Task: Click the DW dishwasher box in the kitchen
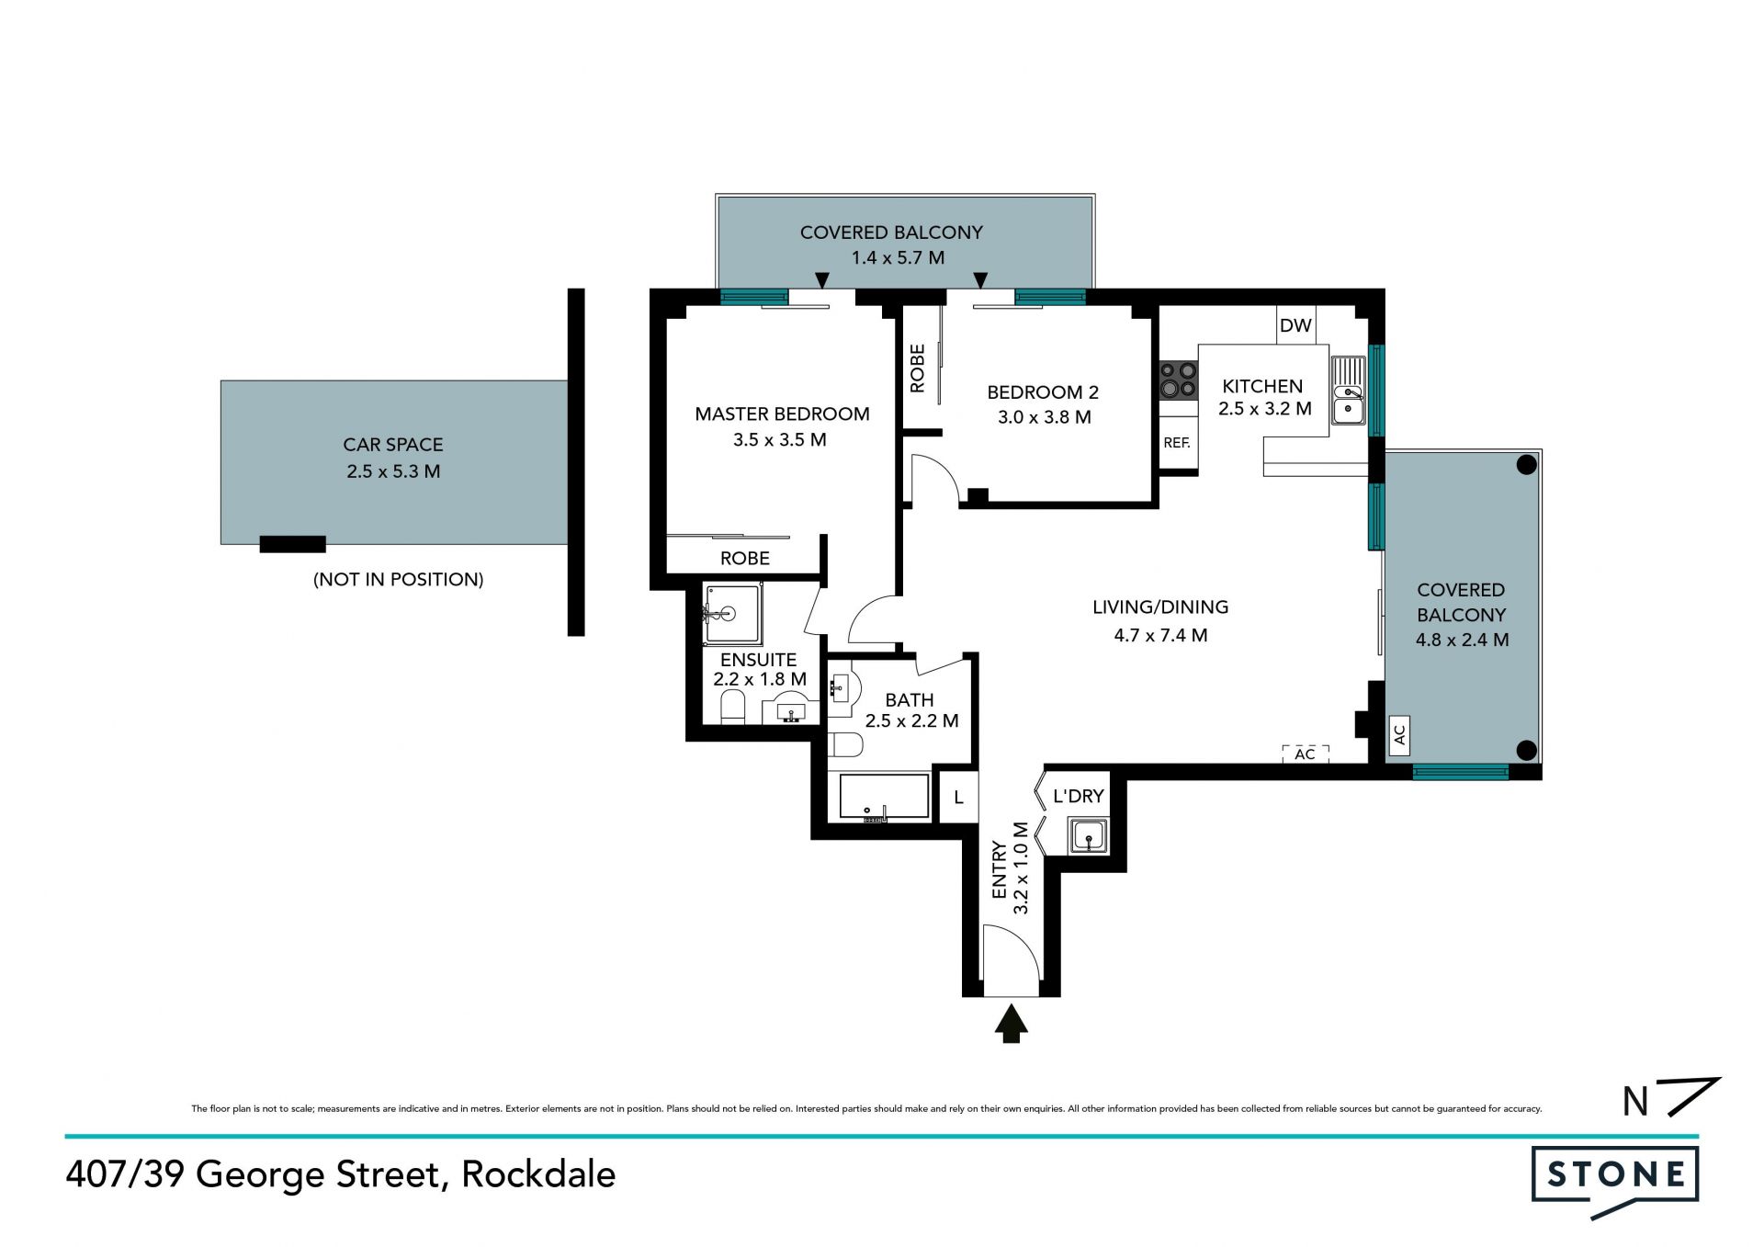point(1295,324)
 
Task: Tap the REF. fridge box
point(1178,442)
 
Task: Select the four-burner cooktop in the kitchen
point(1178,380)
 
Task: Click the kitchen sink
point(1348,391)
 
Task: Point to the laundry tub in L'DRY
point(1089,837)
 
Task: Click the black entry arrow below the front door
point(1011,1024)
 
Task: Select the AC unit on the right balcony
point(1399,735)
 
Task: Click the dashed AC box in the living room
point(1306,754)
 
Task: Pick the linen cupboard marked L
point(957,797)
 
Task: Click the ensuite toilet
point(732,708)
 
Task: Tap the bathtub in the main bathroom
point(884,796)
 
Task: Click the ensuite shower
point(732,614)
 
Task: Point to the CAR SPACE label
point(393,445)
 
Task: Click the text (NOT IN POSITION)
point(399,580)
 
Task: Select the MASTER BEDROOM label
point(782,414)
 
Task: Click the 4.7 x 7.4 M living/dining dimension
point(1160,635)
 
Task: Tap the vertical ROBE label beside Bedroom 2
point(917,368)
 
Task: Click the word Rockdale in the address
point(538,1174)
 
